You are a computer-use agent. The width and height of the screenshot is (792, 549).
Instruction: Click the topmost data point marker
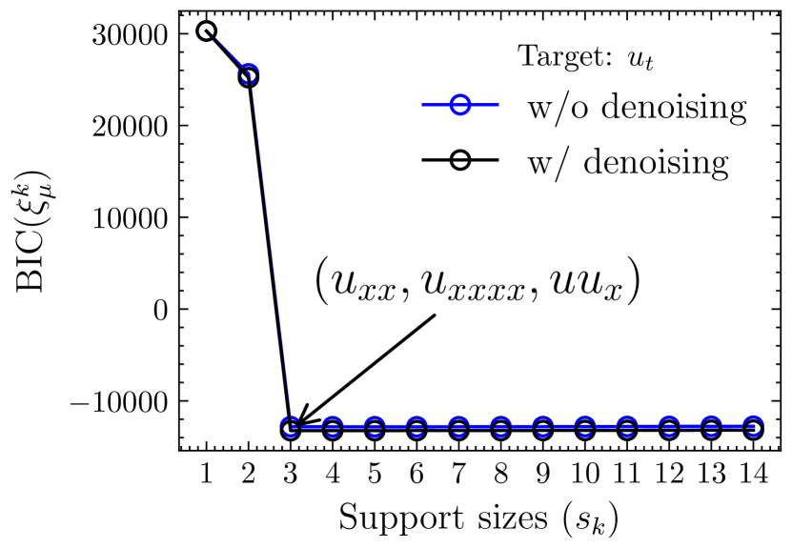click(x=206, y=31)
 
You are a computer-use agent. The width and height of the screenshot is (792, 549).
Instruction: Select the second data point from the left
click(x=248, y=75)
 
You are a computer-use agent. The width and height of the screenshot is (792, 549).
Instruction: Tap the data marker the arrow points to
click(x=291, y=429)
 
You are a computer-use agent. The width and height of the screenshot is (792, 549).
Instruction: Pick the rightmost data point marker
click(x=753, y=428)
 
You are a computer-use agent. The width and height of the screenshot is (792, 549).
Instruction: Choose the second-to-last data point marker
click(x=711, y=428)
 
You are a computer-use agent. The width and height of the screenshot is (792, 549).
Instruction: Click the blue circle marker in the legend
click(x=459, y=106)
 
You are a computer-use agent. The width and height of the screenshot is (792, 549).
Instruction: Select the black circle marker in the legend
click(x=459, y=160)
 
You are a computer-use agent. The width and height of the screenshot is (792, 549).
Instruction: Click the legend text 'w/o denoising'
click(x=637, y=107)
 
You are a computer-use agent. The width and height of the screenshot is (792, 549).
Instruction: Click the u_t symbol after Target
click(x=640, y=58)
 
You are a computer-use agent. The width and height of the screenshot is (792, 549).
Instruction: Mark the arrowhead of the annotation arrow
click(x=299, y=419)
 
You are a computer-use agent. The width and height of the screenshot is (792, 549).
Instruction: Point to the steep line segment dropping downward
click(x=269, y=253)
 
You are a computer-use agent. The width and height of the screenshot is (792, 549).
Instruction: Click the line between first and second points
click(x=227, y=53)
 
